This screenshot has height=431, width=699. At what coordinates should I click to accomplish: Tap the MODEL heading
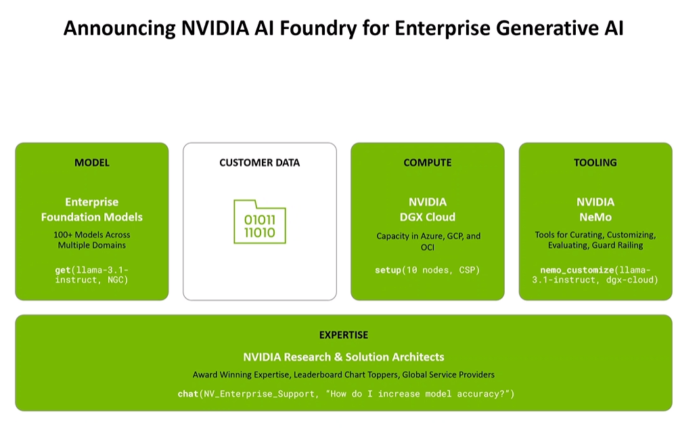(x=92, y=163)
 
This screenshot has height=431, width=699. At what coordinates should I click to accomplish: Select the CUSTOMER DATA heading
(x=259, y=163)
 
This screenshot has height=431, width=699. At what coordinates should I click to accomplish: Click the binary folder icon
(x=260, y=222)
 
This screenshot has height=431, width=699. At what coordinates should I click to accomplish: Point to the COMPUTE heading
(x=428, y=163)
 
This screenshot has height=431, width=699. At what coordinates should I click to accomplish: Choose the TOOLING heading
(x=595, y=163)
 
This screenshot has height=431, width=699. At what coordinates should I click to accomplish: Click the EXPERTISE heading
(x=344, y=335)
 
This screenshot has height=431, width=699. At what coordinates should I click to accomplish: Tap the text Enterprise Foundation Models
(x=92, y=209)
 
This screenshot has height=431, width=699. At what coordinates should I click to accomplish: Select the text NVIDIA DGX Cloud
(x=428, y=209)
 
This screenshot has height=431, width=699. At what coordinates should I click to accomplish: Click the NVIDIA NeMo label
(x=595, y=209)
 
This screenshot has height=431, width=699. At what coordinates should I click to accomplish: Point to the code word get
(x=63, y=270)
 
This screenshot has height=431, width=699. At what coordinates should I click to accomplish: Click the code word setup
(x=388, y=270)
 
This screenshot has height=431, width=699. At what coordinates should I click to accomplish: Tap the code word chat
(x=187, y=394)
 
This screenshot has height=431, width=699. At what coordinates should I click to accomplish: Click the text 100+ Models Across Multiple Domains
(x=92, y=240)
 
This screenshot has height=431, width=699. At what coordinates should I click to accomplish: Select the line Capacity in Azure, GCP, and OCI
(x=428, y=241)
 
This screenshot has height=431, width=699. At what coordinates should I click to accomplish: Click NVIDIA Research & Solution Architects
(x=344, y=357)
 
